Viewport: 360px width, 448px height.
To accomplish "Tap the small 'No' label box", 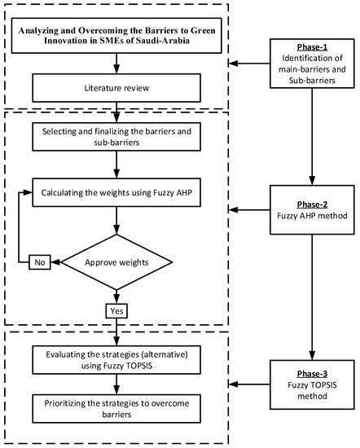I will pos(39,262).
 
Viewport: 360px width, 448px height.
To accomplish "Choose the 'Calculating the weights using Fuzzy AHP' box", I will pos(119,192).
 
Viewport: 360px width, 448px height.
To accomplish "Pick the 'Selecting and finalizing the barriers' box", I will pos(119,137).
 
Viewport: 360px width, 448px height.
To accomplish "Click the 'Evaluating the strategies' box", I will pos(118,360).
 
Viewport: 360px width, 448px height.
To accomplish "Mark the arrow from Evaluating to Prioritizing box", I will pos(118,384).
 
